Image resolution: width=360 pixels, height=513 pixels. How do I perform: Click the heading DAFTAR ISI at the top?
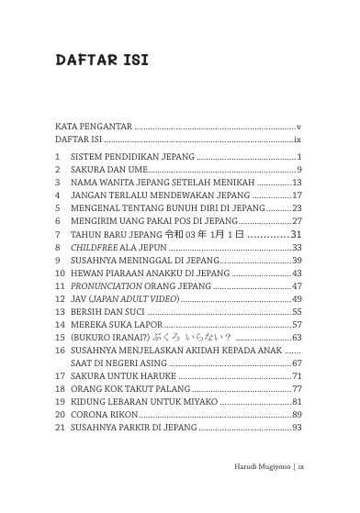[x=102, y=61]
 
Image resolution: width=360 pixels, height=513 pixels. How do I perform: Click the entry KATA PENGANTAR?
[x=93, y=125]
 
